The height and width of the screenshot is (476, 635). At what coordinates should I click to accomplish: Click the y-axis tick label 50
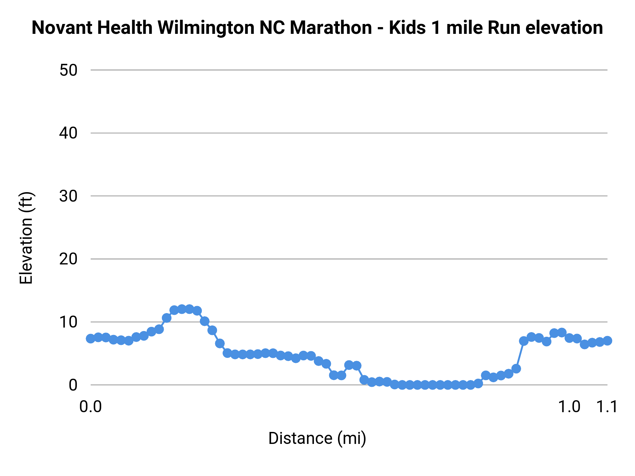(68, 70)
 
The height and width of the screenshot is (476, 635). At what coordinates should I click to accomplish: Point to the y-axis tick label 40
(68, 133)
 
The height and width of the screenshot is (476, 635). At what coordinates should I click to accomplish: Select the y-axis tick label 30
(68, 196)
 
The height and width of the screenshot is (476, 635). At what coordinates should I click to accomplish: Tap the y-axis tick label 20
(68, 259)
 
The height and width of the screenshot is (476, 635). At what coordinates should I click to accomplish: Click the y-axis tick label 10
(68, 322)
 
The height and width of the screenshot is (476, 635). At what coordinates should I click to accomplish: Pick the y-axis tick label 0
(73, 385)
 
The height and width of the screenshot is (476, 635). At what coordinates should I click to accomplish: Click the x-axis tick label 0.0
(90, 407)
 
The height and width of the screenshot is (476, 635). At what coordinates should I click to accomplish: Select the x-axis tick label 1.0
(569, 407)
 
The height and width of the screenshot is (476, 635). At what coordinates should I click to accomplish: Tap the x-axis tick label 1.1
(607, 407)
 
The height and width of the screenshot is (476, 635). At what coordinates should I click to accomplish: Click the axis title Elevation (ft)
(26, 238)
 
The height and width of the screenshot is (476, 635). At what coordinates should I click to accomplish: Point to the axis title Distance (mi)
(317, 438)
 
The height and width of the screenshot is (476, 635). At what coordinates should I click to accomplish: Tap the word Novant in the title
(62, 28)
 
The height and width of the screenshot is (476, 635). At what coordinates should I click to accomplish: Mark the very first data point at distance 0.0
(91, 338)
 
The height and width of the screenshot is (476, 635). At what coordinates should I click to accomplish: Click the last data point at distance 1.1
(607, 341)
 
